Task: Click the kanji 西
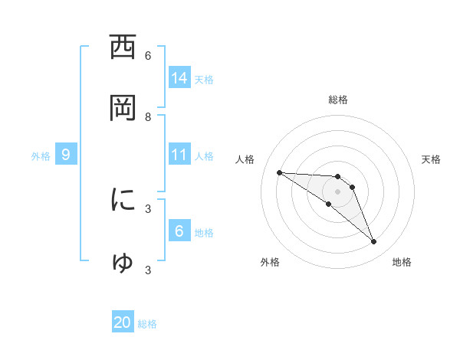(x=123, y=47)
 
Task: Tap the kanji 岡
(x=123, y=108)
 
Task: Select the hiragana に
(x=123, y=200)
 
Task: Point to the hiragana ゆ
(x=123, y=262)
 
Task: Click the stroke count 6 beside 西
(x=148, y=55)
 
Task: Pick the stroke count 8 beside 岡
(x=148, y=116)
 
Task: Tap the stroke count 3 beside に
(x=148, y=208)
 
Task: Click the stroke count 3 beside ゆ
(x=148, y=270)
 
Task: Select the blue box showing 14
(x=179, y=78)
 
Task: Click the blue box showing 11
(x=179, y=155)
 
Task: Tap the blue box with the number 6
(x=179, y=231)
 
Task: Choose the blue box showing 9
(x=66, y=155)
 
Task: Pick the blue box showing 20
(x=123, y=323)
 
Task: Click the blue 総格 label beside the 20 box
(x=147, y=324)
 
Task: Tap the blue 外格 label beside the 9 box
(x=41, y=155)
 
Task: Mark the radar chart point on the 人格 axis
(x=279, y=172)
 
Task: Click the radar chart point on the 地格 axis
(x=374, y=242)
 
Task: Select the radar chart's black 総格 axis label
(x=338, y=100)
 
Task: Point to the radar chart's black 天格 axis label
(x=432, y=159)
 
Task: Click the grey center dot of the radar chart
(x=338, y=191)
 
